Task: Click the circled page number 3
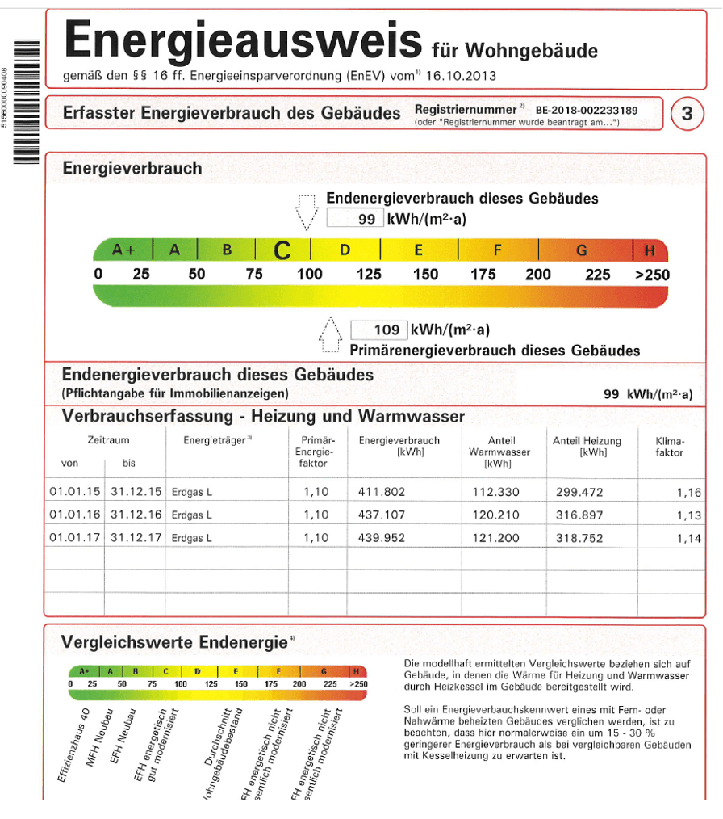[687, 114]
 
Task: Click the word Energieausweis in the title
[243, 40]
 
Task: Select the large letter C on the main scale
[282, 251]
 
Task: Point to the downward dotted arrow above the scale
[306, 212]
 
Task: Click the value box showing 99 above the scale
[355, 219]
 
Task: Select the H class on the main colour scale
[650, 250]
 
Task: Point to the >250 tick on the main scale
[652, 275]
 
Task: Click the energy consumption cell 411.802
[382, 492]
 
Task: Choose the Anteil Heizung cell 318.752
[581, 538]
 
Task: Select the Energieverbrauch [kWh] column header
[399, 447]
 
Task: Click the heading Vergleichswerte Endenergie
[173, 642]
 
